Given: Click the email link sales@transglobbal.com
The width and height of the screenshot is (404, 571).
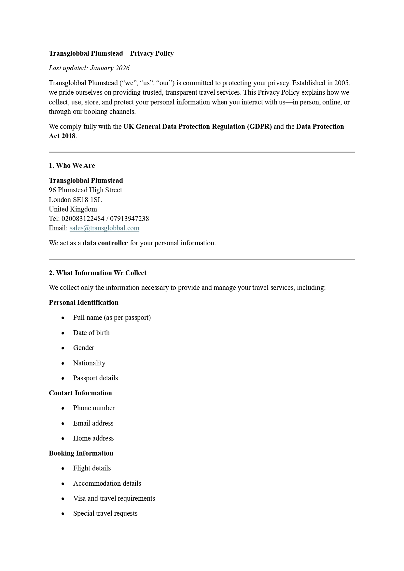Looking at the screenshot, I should point(104,228).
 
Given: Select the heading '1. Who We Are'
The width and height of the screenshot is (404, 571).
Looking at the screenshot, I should point(72,166).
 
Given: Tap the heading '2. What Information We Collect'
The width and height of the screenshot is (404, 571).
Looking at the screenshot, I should point(98,273).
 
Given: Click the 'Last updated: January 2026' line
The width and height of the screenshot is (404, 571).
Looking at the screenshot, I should point(89,68).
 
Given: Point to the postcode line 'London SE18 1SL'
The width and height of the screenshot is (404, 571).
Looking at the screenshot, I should point(75,199).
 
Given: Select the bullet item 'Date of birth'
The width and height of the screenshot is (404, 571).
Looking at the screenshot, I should point(91,333).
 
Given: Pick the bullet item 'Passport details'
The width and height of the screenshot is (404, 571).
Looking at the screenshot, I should point(95,378).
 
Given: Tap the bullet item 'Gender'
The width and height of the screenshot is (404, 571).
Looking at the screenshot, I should point(84,348).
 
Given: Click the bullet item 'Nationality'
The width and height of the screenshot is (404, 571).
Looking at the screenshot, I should point(89,363).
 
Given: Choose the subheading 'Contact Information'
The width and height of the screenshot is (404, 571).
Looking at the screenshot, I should point(80,393).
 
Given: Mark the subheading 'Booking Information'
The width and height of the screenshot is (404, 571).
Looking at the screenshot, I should point(81,453).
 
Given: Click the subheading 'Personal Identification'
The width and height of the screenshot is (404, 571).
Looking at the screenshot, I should point(84,303).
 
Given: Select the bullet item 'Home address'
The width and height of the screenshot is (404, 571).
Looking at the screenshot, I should point(93,438).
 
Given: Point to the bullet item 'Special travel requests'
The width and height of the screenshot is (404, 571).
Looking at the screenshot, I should point(105,513).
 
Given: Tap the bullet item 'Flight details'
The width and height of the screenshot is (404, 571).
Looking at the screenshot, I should point(92,468).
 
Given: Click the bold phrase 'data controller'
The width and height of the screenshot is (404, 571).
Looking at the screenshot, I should point(105,243).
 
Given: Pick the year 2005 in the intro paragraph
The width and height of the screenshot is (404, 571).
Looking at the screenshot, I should point(341,83).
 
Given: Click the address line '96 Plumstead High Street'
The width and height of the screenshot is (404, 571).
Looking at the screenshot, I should point(86,190).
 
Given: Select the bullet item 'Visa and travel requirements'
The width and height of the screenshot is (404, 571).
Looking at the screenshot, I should point(114,498).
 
